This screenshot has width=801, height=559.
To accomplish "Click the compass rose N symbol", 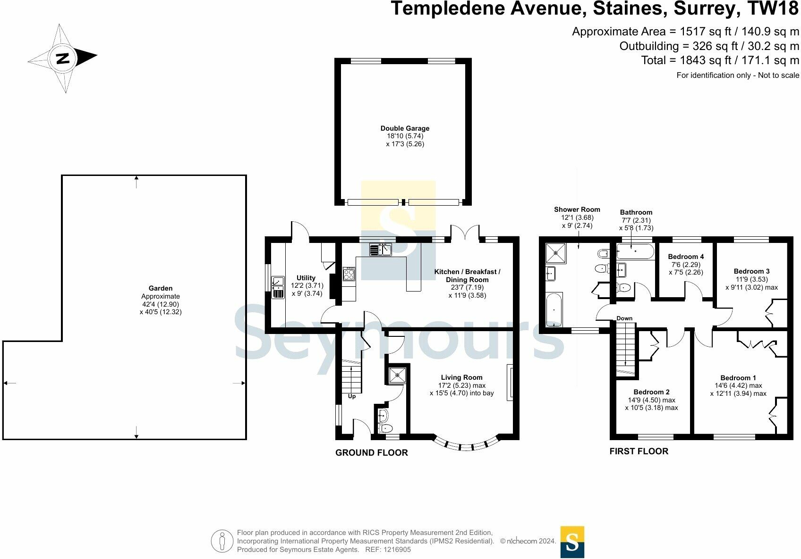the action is point(63,58).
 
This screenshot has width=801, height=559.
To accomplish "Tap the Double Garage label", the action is point(405,128).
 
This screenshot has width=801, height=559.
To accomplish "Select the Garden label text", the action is point(161,288).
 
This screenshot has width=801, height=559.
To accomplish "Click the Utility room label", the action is point(306,278).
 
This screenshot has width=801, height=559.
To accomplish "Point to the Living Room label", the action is point(461,377).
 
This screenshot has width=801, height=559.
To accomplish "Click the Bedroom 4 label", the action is point(686,257).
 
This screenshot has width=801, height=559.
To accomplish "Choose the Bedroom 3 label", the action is point(752,271).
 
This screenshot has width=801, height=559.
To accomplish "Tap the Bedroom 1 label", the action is point(738,377).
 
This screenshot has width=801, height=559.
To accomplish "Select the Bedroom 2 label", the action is point(652,392).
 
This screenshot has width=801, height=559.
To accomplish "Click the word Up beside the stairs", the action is point(352,396).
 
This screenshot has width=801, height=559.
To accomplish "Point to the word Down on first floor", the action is point(624,318).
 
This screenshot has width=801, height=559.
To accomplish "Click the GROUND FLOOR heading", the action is point(372,452).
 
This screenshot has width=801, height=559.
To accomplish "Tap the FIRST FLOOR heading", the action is point(639,451).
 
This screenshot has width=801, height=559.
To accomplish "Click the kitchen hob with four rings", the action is point(349,274).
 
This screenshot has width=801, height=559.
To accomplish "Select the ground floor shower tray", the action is point(397,375).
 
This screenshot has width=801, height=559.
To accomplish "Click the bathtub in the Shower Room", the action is point(554,309).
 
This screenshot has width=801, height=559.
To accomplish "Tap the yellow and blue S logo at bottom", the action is point(572,542).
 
